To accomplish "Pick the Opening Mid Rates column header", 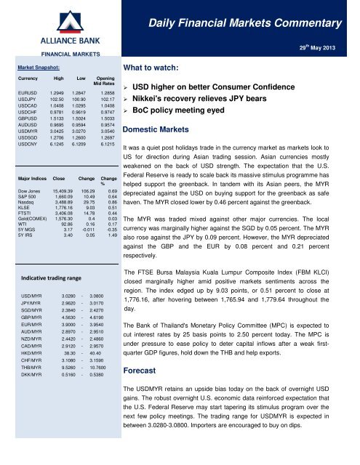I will click(105, 82).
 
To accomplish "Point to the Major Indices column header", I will click(31, 176).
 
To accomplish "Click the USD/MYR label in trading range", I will click(31, 277).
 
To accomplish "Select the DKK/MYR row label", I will click(31, 355).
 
